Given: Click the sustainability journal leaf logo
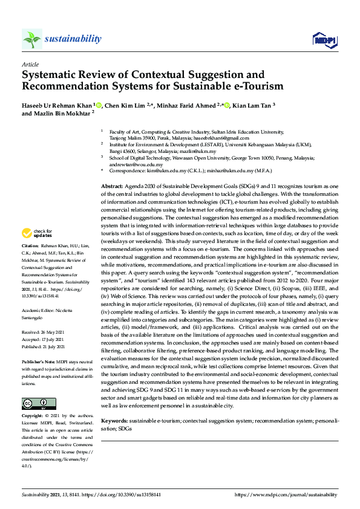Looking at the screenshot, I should (32, 39).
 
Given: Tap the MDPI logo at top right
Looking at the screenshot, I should (324, 40).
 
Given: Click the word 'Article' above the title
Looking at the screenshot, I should (30, 64).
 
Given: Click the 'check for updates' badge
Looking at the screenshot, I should (37, 233).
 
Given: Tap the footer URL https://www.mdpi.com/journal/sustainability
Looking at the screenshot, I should (286, 494).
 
